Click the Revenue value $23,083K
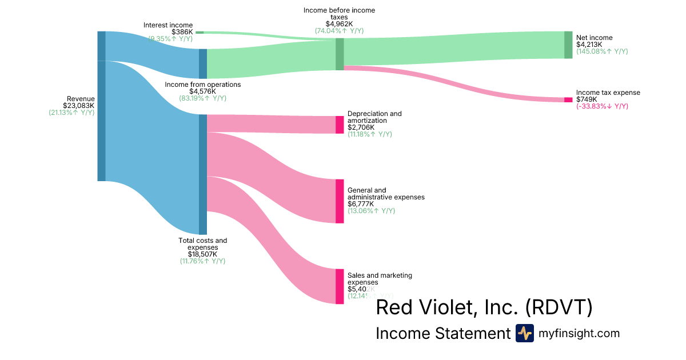point(79,106)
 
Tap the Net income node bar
point(568,45)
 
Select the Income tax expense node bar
point(568,100)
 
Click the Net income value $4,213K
point(589,45)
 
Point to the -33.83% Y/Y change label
point(602,106)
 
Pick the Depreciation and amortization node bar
point(340,125)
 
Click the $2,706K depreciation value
point(361,127)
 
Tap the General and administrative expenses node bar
point(340,201)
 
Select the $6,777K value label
point(361,204)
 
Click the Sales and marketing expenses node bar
point(340,286)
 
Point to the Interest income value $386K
point(182,32)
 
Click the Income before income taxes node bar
point(340,54)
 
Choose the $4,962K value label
point(339,24)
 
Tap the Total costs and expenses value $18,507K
point(203,254)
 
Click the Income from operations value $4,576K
point(203,91)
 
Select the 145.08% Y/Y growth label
point(602,51)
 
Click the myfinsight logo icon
point(524,333)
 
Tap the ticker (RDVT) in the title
point(559,308)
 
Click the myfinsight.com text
point(579,334)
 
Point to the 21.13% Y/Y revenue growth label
point(72,113)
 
